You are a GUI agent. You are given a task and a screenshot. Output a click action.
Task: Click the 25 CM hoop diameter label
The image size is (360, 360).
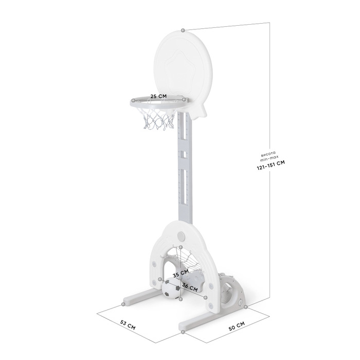point(158,96)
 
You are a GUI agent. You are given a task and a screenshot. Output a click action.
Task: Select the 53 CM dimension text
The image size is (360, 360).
point(128,325)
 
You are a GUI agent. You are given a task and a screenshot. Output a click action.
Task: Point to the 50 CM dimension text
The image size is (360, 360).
point(236,325)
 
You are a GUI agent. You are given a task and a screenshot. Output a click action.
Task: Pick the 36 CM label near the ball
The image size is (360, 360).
point(190,288)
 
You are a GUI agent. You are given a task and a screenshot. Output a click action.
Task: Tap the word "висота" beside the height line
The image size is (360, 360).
point(268,153)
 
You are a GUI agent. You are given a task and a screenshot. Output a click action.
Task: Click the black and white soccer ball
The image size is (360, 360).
point(171,290)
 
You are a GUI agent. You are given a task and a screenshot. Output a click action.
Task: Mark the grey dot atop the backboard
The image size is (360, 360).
point(183,30)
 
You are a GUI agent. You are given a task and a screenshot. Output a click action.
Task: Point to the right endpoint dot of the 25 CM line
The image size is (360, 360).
point(184,98)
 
